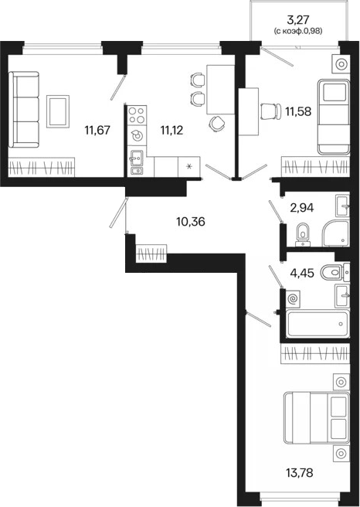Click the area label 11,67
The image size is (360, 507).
pos(97,131)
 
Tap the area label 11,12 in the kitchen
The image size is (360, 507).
pos(172,131)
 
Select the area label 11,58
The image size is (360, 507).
pos(298,111)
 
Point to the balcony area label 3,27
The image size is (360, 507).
pos(298,20)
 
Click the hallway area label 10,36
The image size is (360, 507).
pos(191,222)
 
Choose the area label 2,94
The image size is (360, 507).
pos(302,208)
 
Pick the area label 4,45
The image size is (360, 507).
pos(302,274)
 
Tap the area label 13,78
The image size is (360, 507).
pos(300,474)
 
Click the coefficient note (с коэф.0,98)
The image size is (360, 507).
pos(298,32)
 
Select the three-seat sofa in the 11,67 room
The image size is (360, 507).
pos(24,110)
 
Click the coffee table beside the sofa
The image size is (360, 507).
pos(58,111)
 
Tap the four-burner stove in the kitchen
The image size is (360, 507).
pos(137,115)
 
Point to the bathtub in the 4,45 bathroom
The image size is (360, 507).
pos(318,324)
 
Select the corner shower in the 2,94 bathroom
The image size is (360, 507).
pos(335,233)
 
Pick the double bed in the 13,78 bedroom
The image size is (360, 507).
pos(317,418)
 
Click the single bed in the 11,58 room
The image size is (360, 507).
pos(334,117)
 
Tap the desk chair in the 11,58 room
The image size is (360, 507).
pos(271,111)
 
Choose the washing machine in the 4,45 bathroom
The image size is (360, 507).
pos(293,299)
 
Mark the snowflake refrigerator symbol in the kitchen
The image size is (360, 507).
pos(189,167)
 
